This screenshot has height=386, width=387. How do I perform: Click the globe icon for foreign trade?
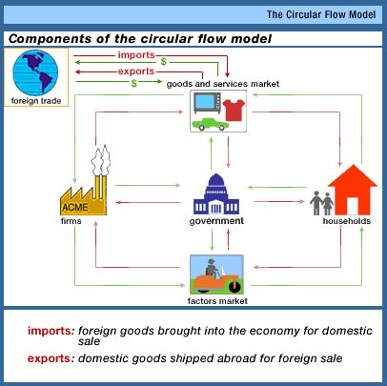click(35, 72)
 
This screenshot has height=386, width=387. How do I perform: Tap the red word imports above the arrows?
click(136, 55)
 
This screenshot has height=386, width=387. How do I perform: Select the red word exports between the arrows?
click(136, 71)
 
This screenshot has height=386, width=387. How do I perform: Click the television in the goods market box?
click(207, 102)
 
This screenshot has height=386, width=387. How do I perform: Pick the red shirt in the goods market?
click(234, 110)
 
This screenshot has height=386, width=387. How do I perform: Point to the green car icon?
click(211, 124)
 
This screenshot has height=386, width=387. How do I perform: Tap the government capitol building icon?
click(216, 194)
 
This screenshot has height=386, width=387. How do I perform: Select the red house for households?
click(353, 190)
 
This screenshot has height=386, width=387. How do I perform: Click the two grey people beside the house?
click(322, 203)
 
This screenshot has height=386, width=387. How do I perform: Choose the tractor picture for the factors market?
click(216, 274)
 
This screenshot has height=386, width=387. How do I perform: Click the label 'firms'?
click(71, 221)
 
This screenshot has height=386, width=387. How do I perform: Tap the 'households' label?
click(347, 221)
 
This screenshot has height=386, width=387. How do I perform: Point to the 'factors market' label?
click(217, 301)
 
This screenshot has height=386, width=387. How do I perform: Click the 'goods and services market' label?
click(223, 84)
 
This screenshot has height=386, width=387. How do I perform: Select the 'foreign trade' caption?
click(36, 101)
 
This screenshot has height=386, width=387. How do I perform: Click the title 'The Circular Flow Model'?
click(321, 14)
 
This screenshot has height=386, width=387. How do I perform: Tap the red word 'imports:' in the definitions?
click(51, 331)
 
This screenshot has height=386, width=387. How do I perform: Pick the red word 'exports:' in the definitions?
click(51, 358)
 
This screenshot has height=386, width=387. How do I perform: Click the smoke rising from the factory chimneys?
click(101, 160)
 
